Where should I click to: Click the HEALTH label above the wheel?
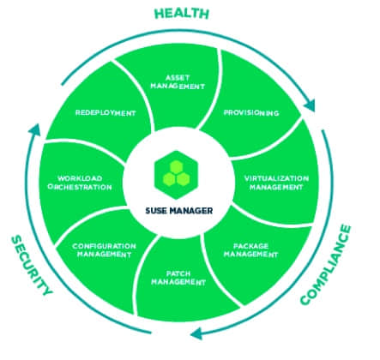coord(182,14)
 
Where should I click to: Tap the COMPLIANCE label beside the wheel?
coord(326,265)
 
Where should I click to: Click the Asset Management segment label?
coord(178,82)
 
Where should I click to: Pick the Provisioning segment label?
coord(251,113)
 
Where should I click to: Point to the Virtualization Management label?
coord(276,183)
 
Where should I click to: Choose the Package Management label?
coord(250,250)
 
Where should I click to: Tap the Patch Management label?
coord(178,278)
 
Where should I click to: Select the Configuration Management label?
coord(104,250)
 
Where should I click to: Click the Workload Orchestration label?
coord(80,183)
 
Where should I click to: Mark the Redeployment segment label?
coord(106,113)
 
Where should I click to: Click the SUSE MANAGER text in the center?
coord(179,211)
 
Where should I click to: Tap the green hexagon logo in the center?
coord(176,175)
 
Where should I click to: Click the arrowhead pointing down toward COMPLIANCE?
coord(310,105)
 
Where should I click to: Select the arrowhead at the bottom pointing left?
coord(196,333)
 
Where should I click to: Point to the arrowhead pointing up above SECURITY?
coord(34,130)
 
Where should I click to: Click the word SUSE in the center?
coord(156,211)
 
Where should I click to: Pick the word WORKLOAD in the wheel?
coord(80,178)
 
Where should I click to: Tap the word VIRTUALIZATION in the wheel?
coord(276,178)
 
